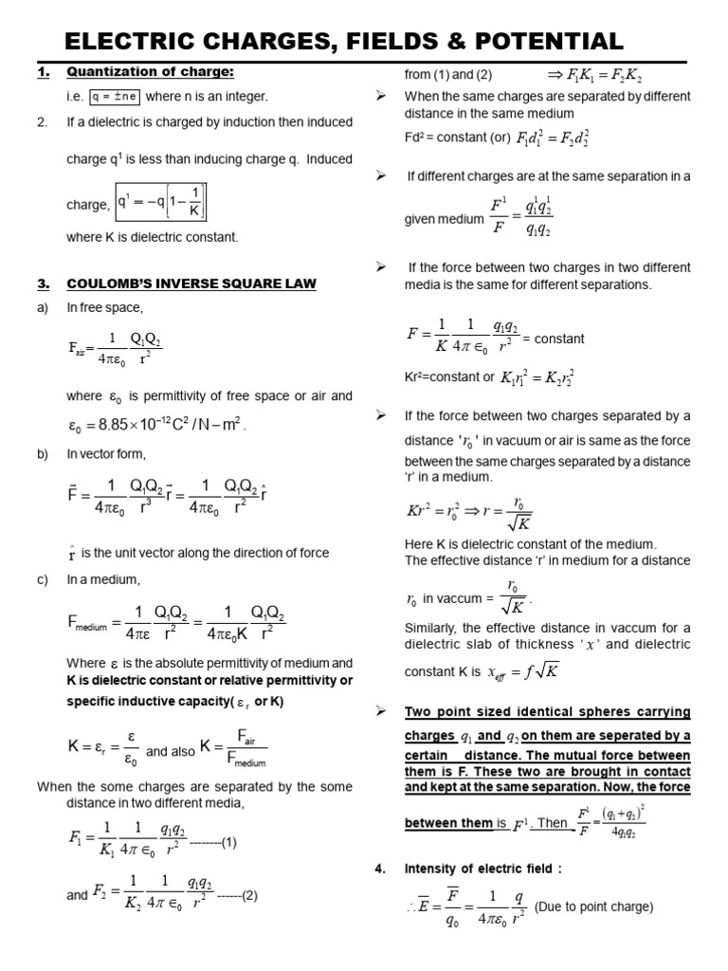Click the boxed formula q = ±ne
point(115,97)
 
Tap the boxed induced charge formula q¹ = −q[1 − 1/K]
point(160,201)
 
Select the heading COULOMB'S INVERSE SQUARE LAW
point(191,284)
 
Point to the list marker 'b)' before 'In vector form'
point(43,454)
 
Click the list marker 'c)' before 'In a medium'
point(43,579)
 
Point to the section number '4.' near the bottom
point(382,868)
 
